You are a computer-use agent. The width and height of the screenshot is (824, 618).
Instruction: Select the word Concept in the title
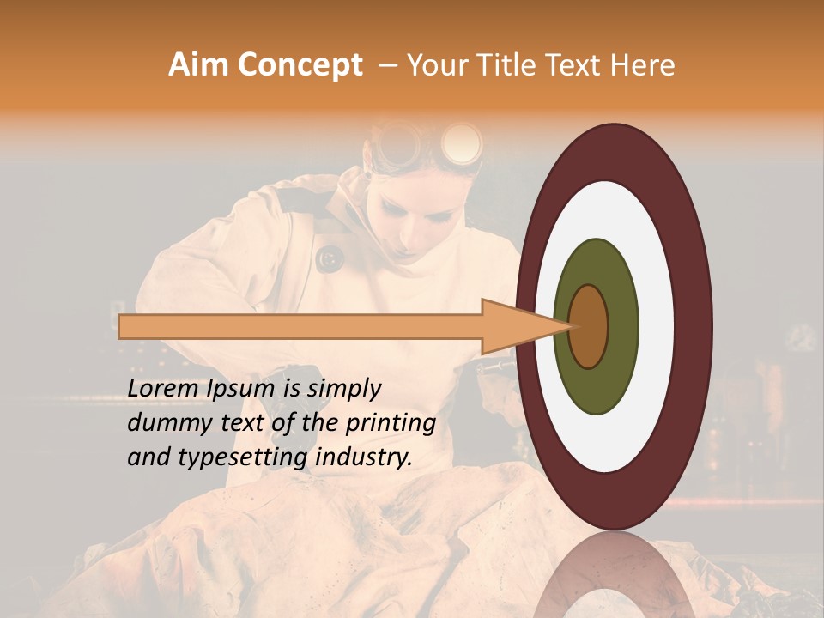(x=299, y=65)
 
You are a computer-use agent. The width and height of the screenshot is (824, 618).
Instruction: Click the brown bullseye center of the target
(x=588, y=326)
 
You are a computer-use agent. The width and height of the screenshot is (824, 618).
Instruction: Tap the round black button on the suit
(x=328, y=257)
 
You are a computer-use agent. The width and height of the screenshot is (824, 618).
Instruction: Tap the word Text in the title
(x=576, y=65)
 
